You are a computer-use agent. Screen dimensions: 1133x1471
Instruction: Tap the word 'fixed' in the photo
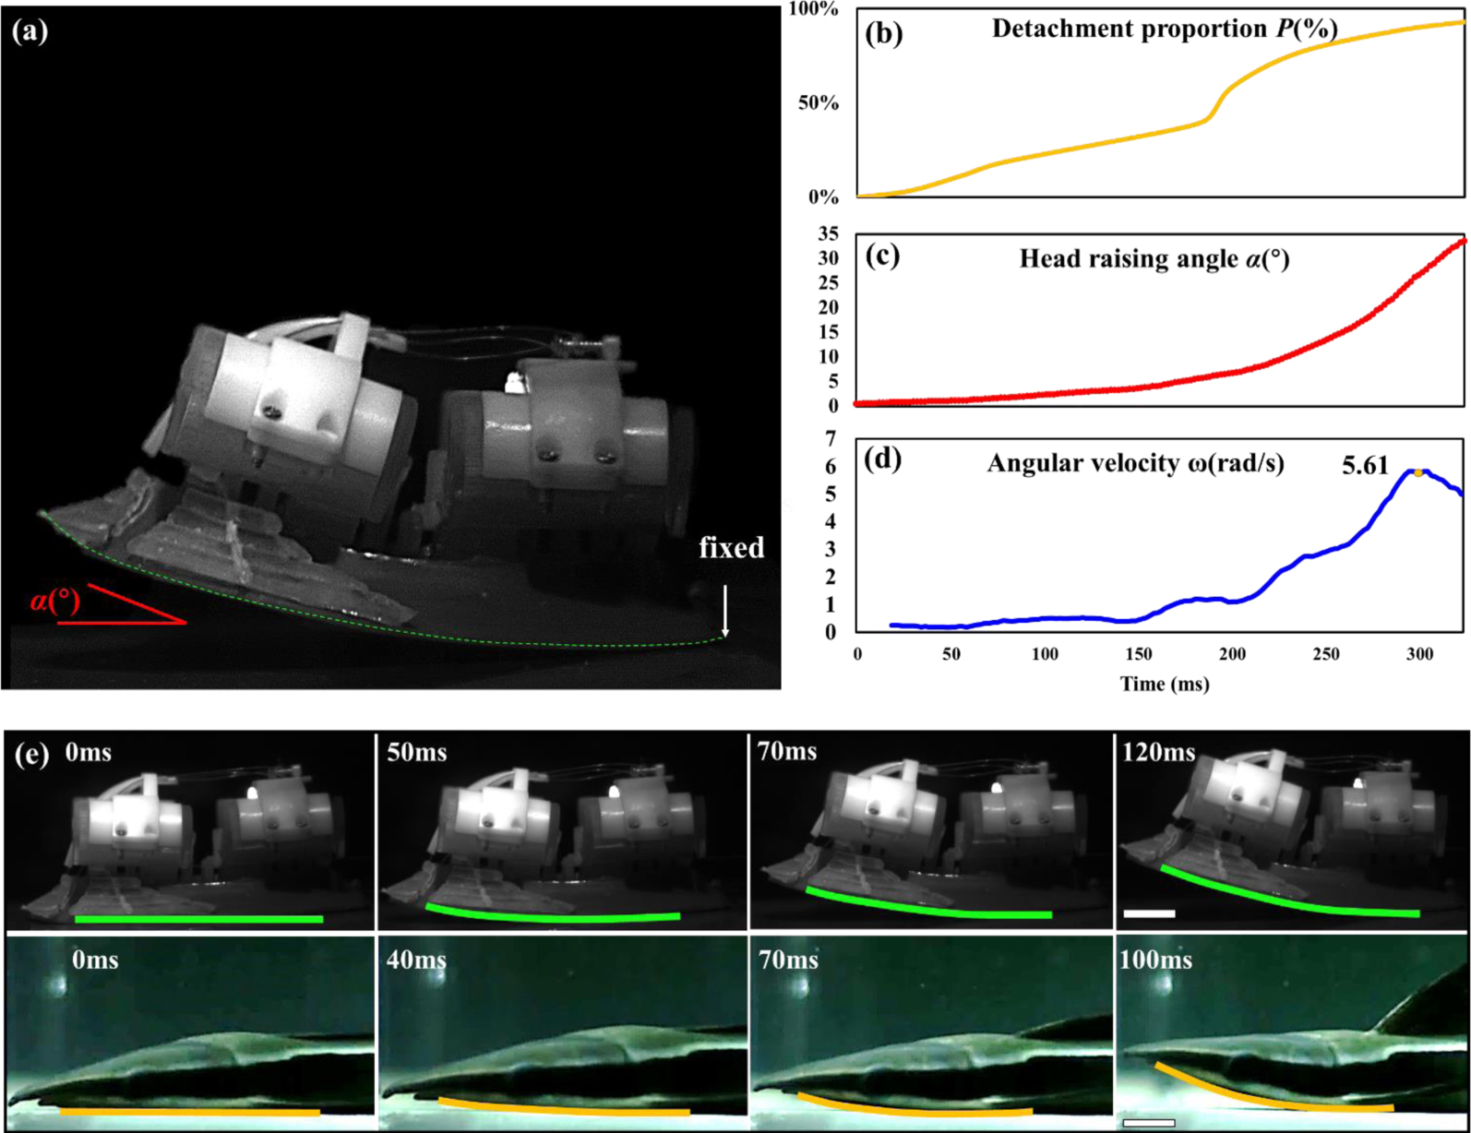(731, 548)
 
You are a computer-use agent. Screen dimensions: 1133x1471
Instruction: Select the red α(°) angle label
(54, 602)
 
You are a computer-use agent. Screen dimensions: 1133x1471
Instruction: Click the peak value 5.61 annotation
(1365, 466)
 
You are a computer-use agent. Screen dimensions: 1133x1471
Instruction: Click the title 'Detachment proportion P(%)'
(1165, 30)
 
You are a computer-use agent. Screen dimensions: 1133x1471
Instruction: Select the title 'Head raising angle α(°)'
(1154, 259)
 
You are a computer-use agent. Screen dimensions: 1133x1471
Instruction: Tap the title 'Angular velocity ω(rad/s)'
(1135, 463)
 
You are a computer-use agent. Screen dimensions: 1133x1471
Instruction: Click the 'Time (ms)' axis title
(1164, 684)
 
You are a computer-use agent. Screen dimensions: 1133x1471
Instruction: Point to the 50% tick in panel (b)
(818, 103)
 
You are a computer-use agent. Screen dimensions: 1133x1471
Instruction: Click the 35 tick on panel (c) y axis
(828, 233)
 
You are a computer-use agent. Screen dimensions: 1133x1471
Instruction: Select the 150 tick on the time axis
(1139, 654)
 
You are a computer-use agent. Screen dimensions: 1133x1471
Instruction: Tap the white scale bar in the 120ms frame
(1149, 913)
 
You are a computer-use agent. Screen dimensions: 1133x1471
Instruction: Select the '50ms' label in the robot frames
(417, 753)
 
